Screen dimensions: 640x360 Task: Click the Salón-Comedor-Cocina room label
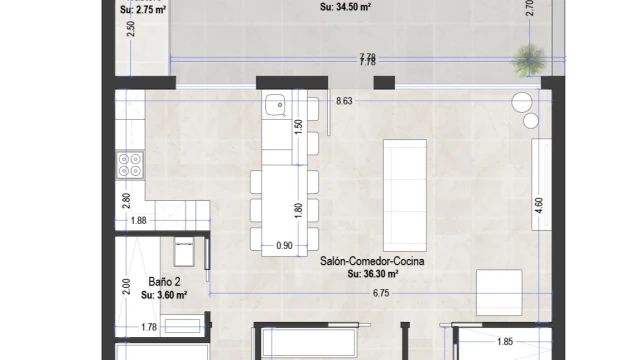372,261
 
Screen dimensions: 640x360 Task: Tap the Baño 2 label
164,282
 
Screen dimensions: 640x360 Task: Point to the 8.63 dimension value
344,101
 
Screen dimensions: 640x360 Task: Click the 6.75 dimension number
381,293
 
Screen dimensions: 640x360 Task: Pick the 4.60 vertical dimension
539,205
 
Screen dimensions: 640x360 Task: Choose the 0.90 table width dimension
284,245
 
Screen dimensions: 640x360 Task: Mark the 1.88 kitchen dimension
138,220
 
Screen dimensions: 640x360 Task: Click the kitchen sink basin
274,105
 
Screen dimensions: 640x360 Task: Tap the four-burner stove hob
130,164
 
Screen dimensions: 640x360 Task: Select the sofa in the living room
405,195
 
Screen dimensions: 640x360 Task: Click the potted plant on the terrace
529,60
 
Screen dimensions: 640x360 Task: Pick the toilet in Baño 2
184,253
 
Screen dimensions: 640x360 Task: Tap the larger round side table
522,102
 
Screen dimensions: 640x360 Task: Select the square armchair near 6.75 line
499,292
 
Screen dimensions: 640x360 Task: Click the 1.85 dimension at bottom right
505,342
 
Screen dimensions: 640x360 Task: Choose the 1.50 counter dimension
298,127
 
